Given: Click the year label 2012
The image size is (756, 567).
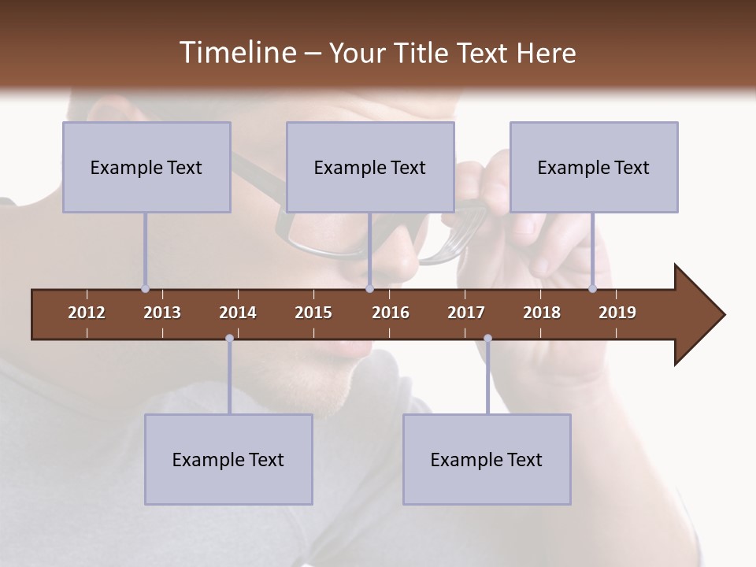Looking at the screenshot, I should click(x=87, y=313).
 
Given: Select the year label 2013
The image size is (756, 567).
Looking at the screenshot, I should click(x=162, y=313).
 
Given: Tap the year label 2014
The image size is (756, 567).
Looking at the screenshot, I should click(x=238, y=313).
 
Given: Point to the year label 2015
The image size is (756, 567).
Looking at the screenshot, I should click(x=313, y=313).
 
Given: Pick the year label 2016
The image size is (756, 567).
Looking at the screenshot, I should click(x=391, y=313).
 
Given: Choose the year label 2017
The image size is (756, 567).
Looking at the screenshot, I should click(x=466, y=313).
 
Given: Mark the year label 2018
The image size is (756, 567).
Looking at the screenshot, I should click(x=542, y=313).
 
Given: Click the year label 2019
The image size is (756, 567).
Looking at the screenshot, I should click(x=617, y=313).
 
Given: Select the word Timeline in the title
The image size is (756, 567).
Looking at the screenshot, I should click(x=237, y=53).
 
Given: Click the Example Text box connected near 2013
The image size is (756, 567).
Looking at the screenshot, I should click(x=146, y=167).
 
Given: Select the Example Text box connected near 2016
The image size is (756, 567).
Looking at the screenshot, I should click(x=370, y=167).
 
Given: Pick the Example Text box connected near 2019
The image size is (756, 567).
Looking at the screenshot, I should click(x=594, y=167).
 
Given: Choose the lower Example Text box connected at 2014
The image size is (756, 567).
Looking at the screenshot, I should click(x=228, y=459).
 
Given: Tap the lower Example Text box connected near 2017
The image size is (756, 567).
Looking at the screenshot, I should click(x=487, y=459).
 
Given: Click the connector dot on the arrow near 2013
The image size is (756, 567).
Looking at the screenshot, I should click(x=145, y=289).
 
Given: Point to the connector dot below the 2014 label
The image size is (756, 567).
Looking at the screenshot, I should click(x=229, y=339).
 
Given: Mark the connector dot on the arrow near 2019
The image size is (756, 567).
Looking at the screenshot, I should click(x=592, y=289).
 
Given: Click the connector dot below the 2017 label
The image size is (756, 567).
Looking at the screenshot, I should click(x=487, y=339).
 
